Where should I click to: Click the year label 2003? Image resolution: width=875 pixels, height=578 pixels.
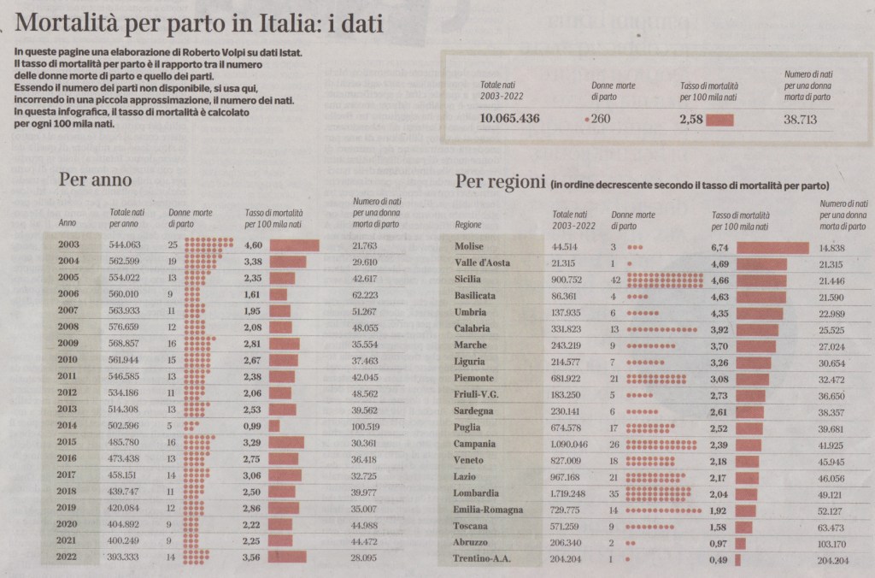[x=69, y=245]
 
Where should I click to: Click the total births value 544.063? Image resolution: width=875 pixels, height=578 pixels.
[x=125, y=245]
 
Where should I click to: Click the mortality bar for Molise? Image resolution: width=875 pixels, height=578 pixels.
[x=772, y=247]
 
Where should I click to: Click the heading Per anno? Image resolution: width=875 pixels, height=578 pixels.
[x=95, y=180]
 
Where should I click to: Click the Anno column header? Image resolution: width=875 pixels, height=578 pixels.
[x=68, y=223]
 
